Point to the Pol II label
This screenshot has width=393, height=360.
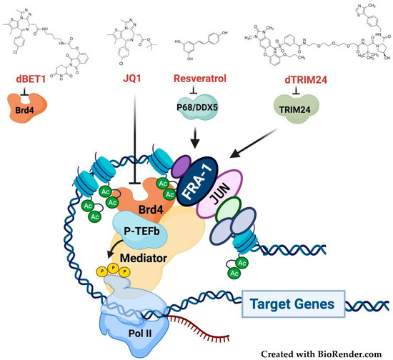click(x=141, y=335)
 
